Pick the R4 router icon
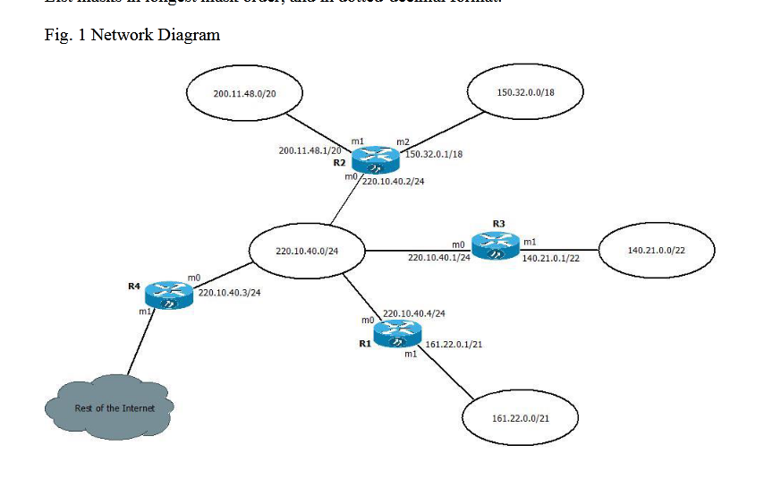pos(170,295)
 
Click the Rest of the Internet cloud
pos(109,408)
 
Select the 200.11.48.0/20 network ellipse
pos(243,92)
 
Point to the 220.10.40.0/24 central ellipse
pos(306,251)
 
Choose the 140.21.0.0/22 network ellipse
pos(656,251)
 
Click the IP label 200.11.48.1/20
pos(310,151)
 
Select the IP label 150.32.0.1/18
pos(434,155)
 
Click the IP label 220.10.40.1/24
pos(438,258)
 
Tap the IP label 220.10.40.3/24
pos(229,293)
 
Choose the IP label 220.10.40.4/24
pos(414,313)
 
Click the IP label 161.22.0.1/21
pos(455,344)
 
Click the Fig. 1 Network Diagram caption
pos(132,35)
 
